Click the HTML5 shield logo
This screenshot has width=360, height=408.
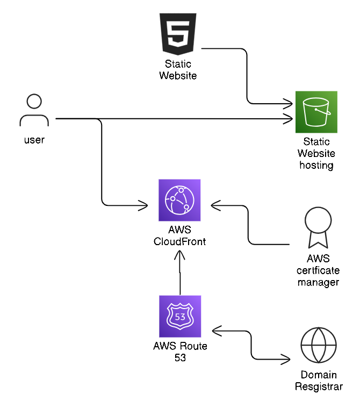click(x=177, y=34)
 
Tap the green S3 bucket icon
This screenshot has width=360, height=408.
click(x=316, y=112)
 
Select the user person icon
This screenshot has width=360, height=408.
click(x=34, y=111)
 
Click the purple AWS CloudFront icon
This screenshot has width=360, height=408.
click(x=179, y=200)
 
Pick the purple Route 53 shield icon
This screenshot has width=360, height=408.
click(x=179, y=316)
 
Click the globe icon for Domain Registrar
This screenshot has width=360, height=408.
click(x=318, y=345)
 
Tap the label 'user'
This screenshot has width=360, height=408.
click(x=34, y=140)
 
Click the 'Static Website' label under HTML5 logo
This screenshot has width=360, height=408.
click(x=177, y=70)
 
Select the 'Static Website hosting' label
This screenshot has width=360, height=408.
click(x=316, y=154)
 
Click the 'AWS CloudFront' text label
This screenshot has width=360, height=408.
click(x=179, y=236)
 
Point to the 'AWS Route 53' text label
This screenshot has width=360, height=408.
click(x=179, y=352)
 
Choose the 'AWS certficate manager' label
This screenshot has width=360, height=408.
click(x=318, y=270)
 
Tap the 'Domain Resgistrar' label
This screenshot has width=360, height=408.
click(x=318, y=381)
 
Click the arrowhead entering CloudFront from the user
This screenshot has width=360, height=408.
click(x=143, y=205)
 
